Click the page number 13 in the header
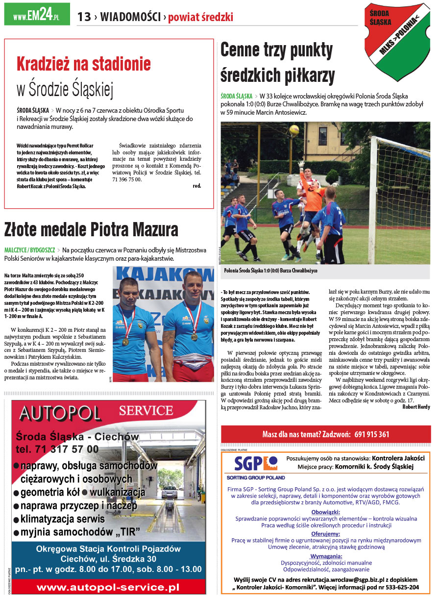point(84,17)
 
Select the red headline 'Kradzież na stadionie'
point(84,64)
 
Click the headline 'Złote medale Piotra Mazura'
point(91,229)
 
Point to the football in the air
point(294,129)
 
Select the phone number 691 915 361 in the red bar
point(371,434)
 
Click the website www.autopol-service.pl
point(108,587)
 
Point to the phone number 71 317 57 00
point(57,449)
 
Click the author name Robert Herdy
point(416,407)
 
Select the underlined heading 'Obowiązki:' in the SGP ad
point(325,511)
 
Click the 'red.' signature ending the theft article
point(196,186)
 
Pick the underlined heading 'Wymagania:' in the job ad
point(326,556)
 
